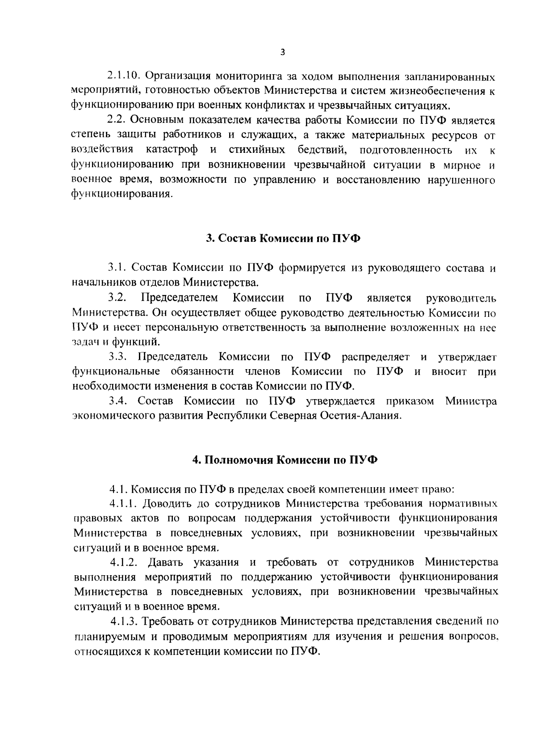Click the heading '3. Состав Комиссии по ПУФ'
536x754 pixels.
click(283, 238)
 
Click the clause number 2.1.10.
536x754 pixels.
click(123, 76)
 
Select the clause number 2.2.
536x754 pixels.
click(118, 120)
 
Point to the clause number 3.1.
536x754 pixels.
click(118, 268)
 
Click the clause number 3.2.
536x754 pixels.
click(118, 297)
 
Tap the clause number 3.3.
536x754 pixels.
click(119, 357)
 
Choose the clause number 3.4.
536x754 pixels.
click(119, 401)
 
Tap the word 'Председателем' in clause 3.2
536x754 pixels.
click(180, 297)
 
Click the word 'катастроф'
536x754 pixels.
click(172, 150)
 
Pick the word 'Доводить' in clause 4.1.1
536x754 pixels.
click(163, 504)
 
